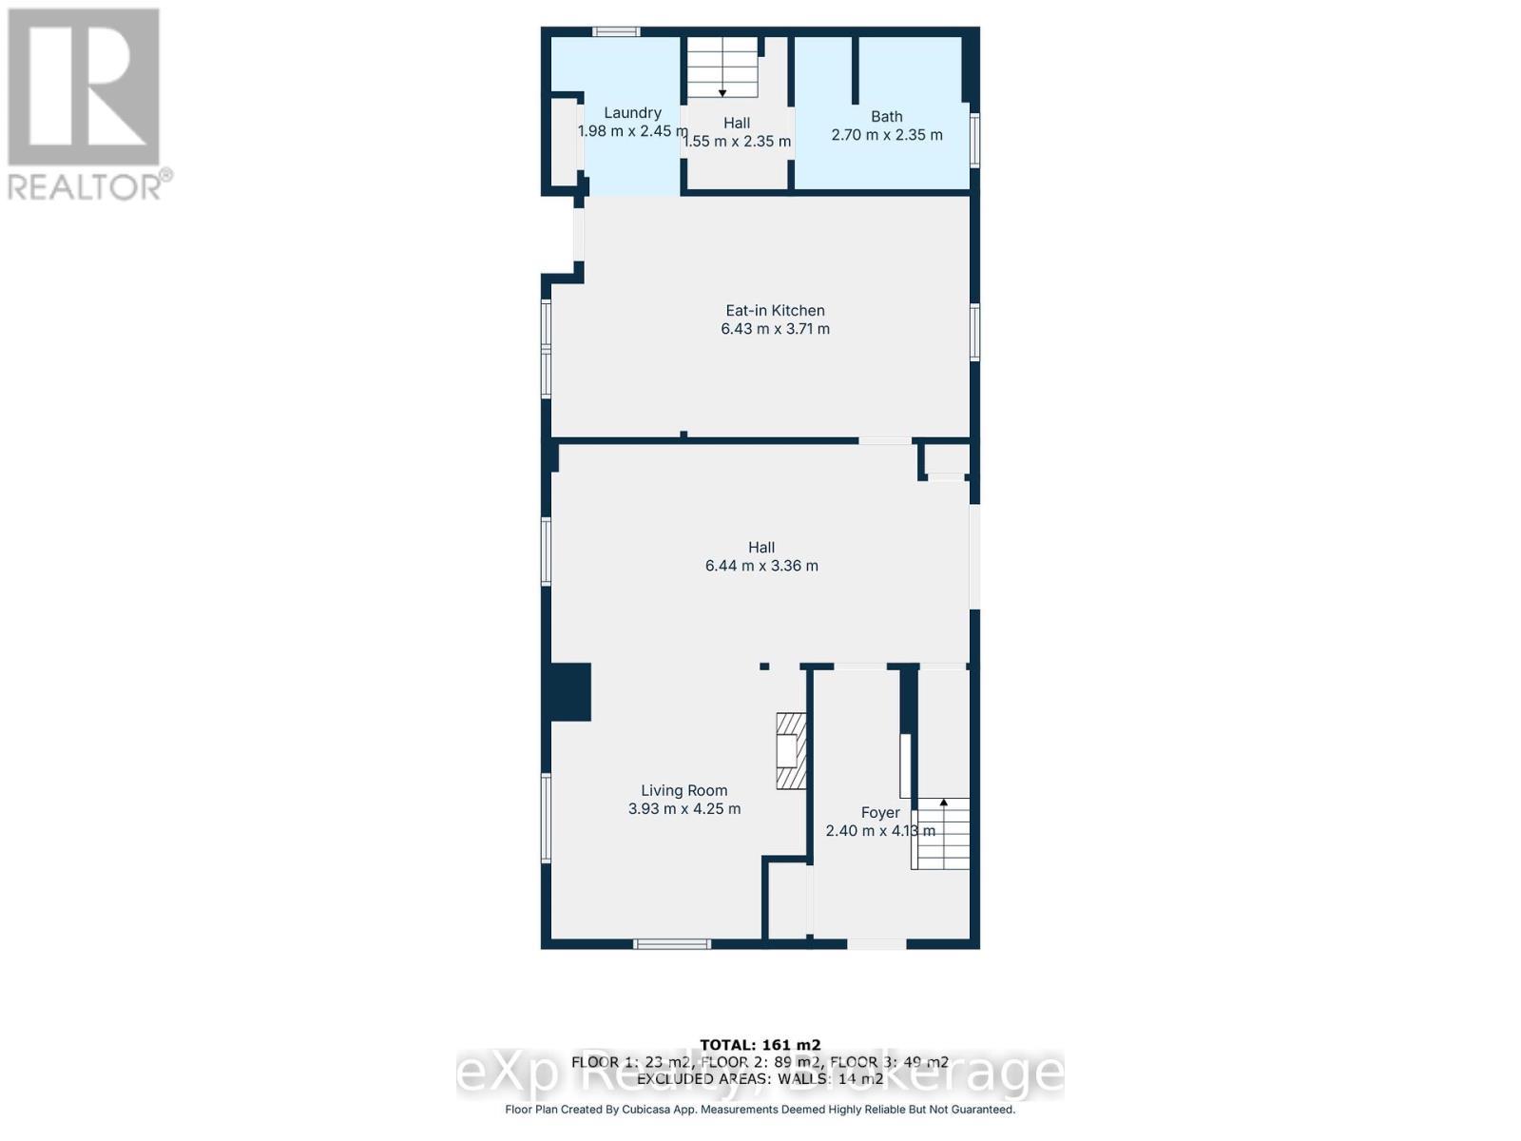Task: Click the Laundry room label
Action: [x=632, y=112]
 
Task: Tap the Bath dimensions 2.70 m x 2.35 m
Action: [x=887, y=135]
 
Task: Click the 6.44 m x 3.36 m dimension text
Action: [x=761, y=566]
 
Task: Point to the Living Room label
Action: [x=683, y=790]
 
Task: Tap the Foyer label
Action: [x=879, y=812]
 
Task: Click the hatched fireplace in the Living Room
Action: [x=791, y=751]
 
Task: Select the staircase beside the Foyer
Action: [x=942, y=835]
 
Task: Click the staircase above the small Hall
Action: [x=722, y=67]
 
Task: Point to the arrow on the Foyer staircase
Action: [x=944, y=803]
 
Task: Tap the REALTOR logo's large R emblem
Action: [x=84, y=87]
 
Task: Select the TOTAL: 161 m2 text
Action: [x=760, y=1045]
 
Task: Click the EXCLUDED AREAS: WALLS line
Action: [x=760, y=1079]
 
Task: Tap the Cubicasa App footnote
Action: [x=760, y=1110]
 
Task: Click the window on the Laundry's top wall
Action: [x=616, y=32]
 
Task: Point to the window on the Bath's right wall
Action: [x=974, y=140]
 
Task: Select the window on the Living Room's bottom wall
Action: [x=672, y=944]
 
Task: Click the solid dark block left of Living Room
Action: [x=570, y=691]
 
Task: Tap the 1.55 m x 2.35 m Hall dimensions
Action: [x=737, y=142]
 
